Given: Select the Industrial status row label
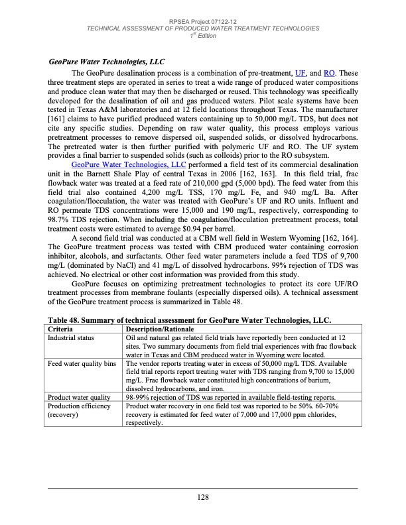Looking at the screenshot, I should tap(74, 338).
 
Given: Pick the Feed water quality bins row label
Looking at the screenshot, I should tap(84, 364).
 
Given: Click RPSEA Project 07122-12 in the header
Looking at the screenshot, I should tap(203, 22).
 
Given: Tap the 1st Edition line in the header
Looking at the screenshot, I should tap(203, 36).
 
